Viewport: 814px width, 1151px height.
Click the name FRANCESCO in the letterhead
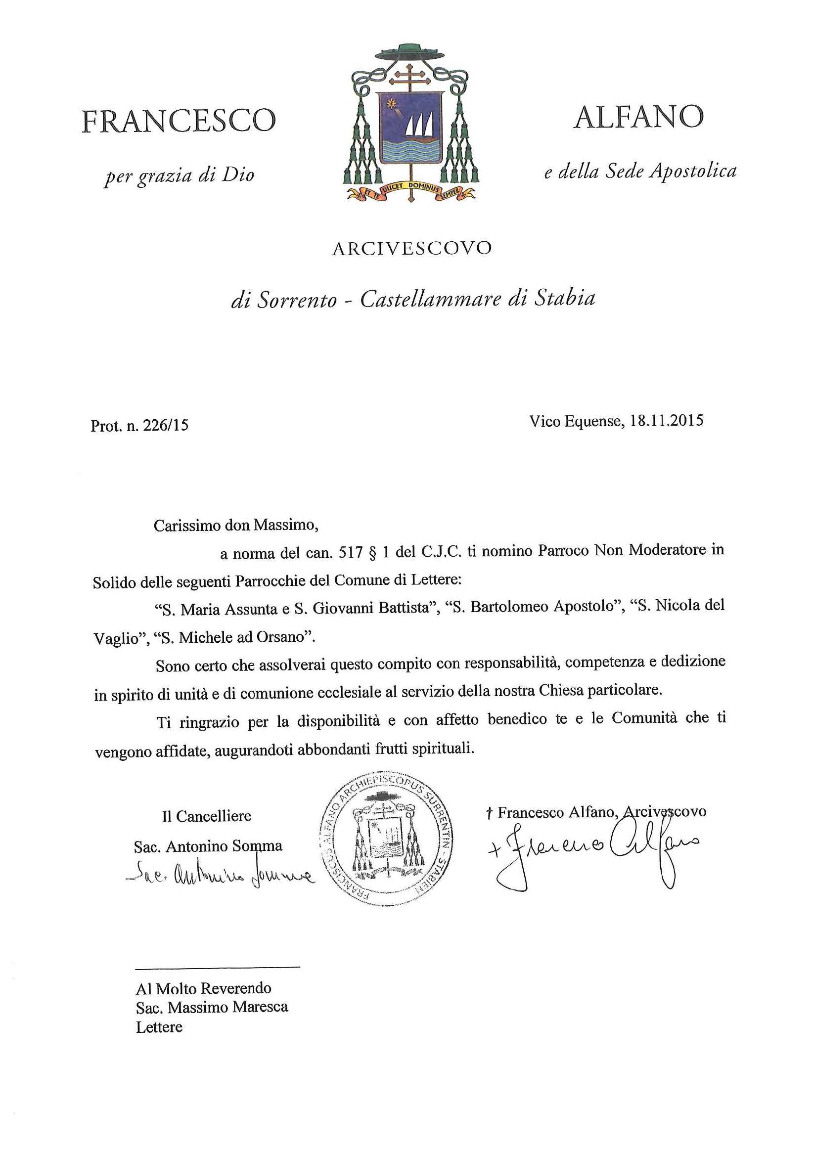179,121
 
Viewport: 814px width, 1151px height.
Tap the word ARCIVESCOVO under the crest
411,249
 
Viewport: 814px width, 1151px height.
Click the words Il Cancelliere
206,817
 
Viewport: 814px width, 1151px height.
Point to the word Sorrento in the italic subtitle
297,300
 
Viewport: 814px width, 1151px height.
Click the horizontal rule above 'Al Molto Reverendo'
218,967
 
